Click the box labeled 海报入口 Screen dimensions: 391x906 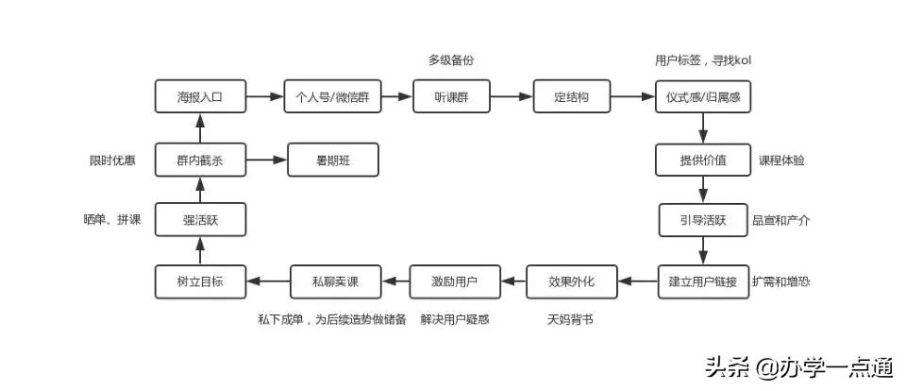point(200,97)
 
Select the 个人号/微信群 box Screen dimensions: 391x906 point(332,97)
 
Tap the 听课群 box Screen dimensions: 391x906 point(452,97)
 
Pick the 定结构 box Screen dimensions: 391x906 point(572,97)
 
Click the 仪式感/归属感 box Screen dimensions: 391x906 point(703,97)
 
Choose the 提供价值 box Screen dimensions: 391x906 point(703,160)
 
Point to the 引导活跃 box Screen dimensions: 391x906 point(703,220)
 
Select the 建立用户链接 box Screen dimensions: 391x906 point(703,280)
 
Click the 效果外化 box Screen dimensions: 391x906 point(572,280)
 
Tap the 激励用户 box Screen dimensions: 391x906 point(454,280)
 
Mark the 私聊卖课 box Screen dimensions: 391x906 point(334,280)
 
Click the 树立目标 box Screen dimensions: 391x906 point(200,280)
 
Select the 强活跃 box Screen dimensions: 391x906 point(200,220)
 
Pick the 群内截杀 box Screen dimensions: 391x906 point(200,160)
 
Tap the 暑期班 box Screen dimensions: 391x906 point(332,160)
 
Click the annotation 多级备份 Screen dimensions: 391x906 point(450,60)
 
